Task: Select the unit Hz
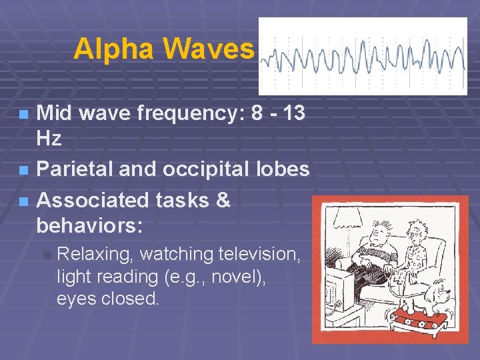pyautogui.click(x=49, y=139)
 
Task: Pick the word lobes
pyautogui.click(x=285, y=170)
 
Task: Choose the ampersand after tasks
pyautogui.click(x=222, y=199)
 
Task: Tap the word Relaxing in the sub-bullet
pyautogui.click(x=96, y=254)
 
